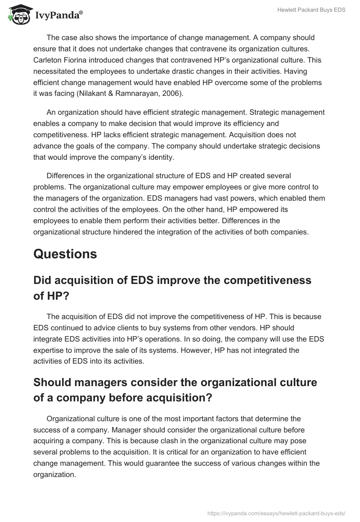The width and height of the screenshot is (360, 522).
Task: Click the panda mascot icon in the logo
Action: [17, 14]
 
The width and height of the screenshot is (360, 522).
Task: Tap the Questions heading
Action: [65, 254]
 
